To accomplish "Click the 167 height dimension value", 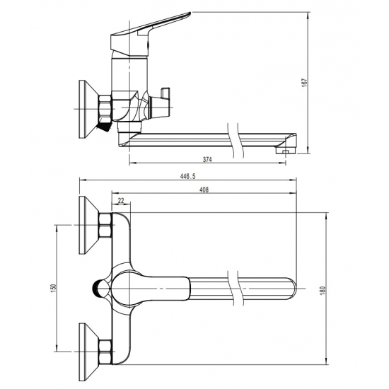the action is [305, 83].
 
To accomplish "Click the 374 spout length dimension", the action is [207, 160].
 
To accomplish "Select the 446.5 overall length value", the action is [188, 176].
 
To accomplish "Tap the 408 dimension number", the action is [204, 190].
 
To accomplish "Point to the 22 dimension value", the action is [121, 201].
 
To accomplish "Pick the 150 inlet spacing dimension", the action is [54, 288].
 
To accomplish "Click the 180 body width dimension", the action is [323, 291].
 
